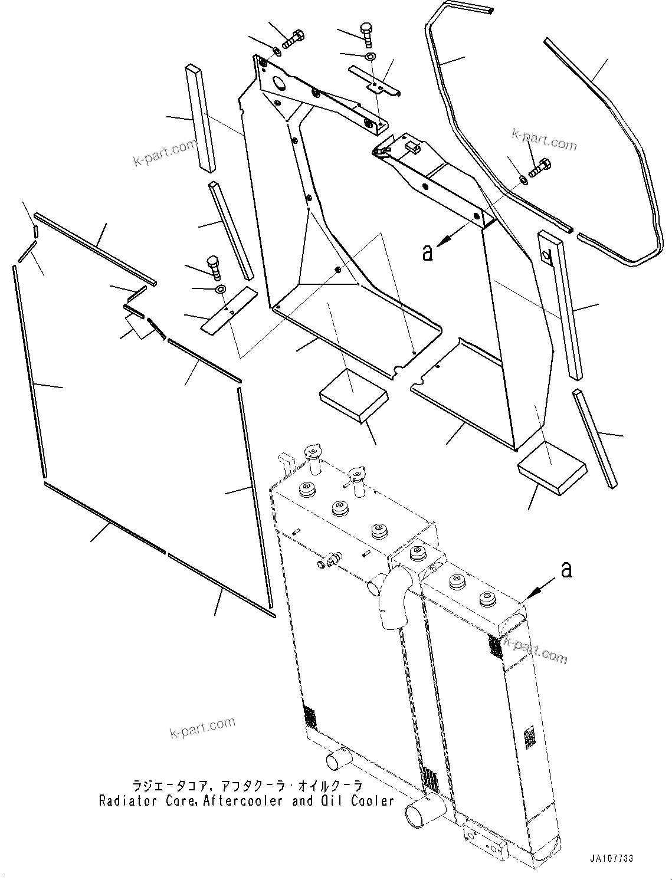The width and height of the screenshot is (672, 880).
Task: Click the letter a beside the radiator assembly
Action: pyautogui.click(x=566, y=570)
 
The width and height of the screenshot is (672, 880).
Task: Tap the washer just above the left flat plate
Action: pyautogui.click(x=221, y=289)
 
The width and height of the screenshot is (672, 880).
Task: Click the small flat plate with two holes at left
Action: pyautogui.click(x=229, y=310)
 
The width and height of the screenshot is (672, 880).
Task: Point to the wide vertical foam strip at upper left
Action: pyautogui.click(x=201, y=118)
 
